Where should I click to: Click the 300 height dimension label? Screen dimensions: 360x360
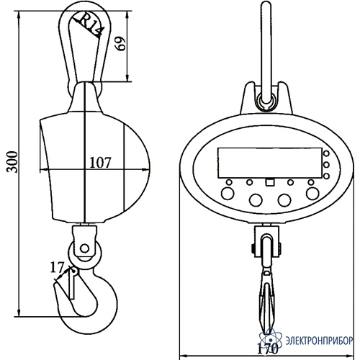pyautogui.click(x=12, y=162)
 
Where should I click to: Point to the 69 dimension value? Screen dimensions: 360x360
pyautogui.click(x=120, y=43)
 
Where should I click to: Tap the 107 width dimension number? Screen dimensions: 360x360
pyautogui.click(x=100, y=163)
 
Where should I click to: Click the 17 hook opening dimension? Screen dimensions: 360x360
pyautogui.click(x=57, y=267)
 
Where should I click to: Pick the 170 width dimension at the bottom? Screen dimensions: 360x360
pyautogui.click(x=268, y=348)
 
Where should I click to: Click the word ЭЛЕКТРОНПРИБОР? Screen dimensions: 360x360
pyautogui.click(x=319, y=341)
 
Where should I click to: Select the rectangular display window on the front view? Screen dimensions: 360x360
pyautogui.click(x=269, y=163)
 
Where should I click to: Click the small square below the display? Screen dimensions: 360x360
pyautogui.click(x=270, y=182)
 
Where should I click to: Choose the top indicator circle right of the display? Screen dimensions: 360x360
pyautogui.click(x=326, y=153)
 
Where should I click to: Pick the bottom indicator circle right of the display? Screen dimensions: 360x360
pyautogui.click(x=326, y=176)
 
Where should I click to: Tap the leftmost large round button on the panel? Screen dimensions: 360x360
pyautogui.click(x=228, y=193)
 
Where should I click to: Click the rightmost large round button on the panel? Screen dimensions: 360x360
pyautogui.click(x=312, y=193)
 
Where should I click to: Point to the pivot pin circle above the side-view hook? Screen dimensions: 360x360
pyautogui.click(x=85, y=248)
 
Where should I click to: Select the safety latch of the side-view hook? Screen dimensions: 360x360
pyautogui.click(x=73, y=284)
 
